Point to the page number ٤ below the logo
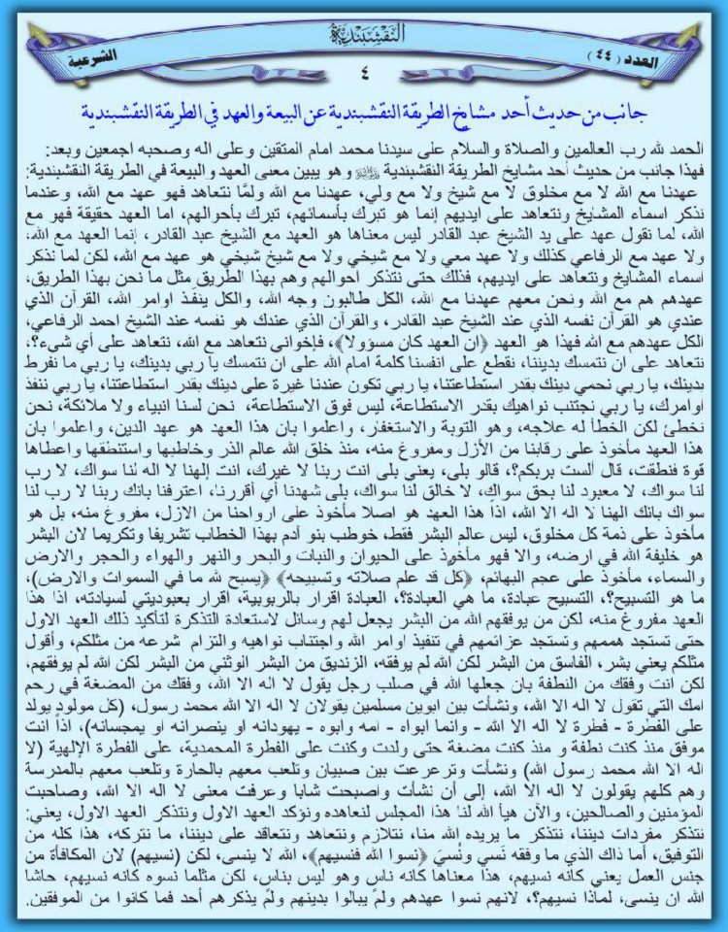364,71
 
